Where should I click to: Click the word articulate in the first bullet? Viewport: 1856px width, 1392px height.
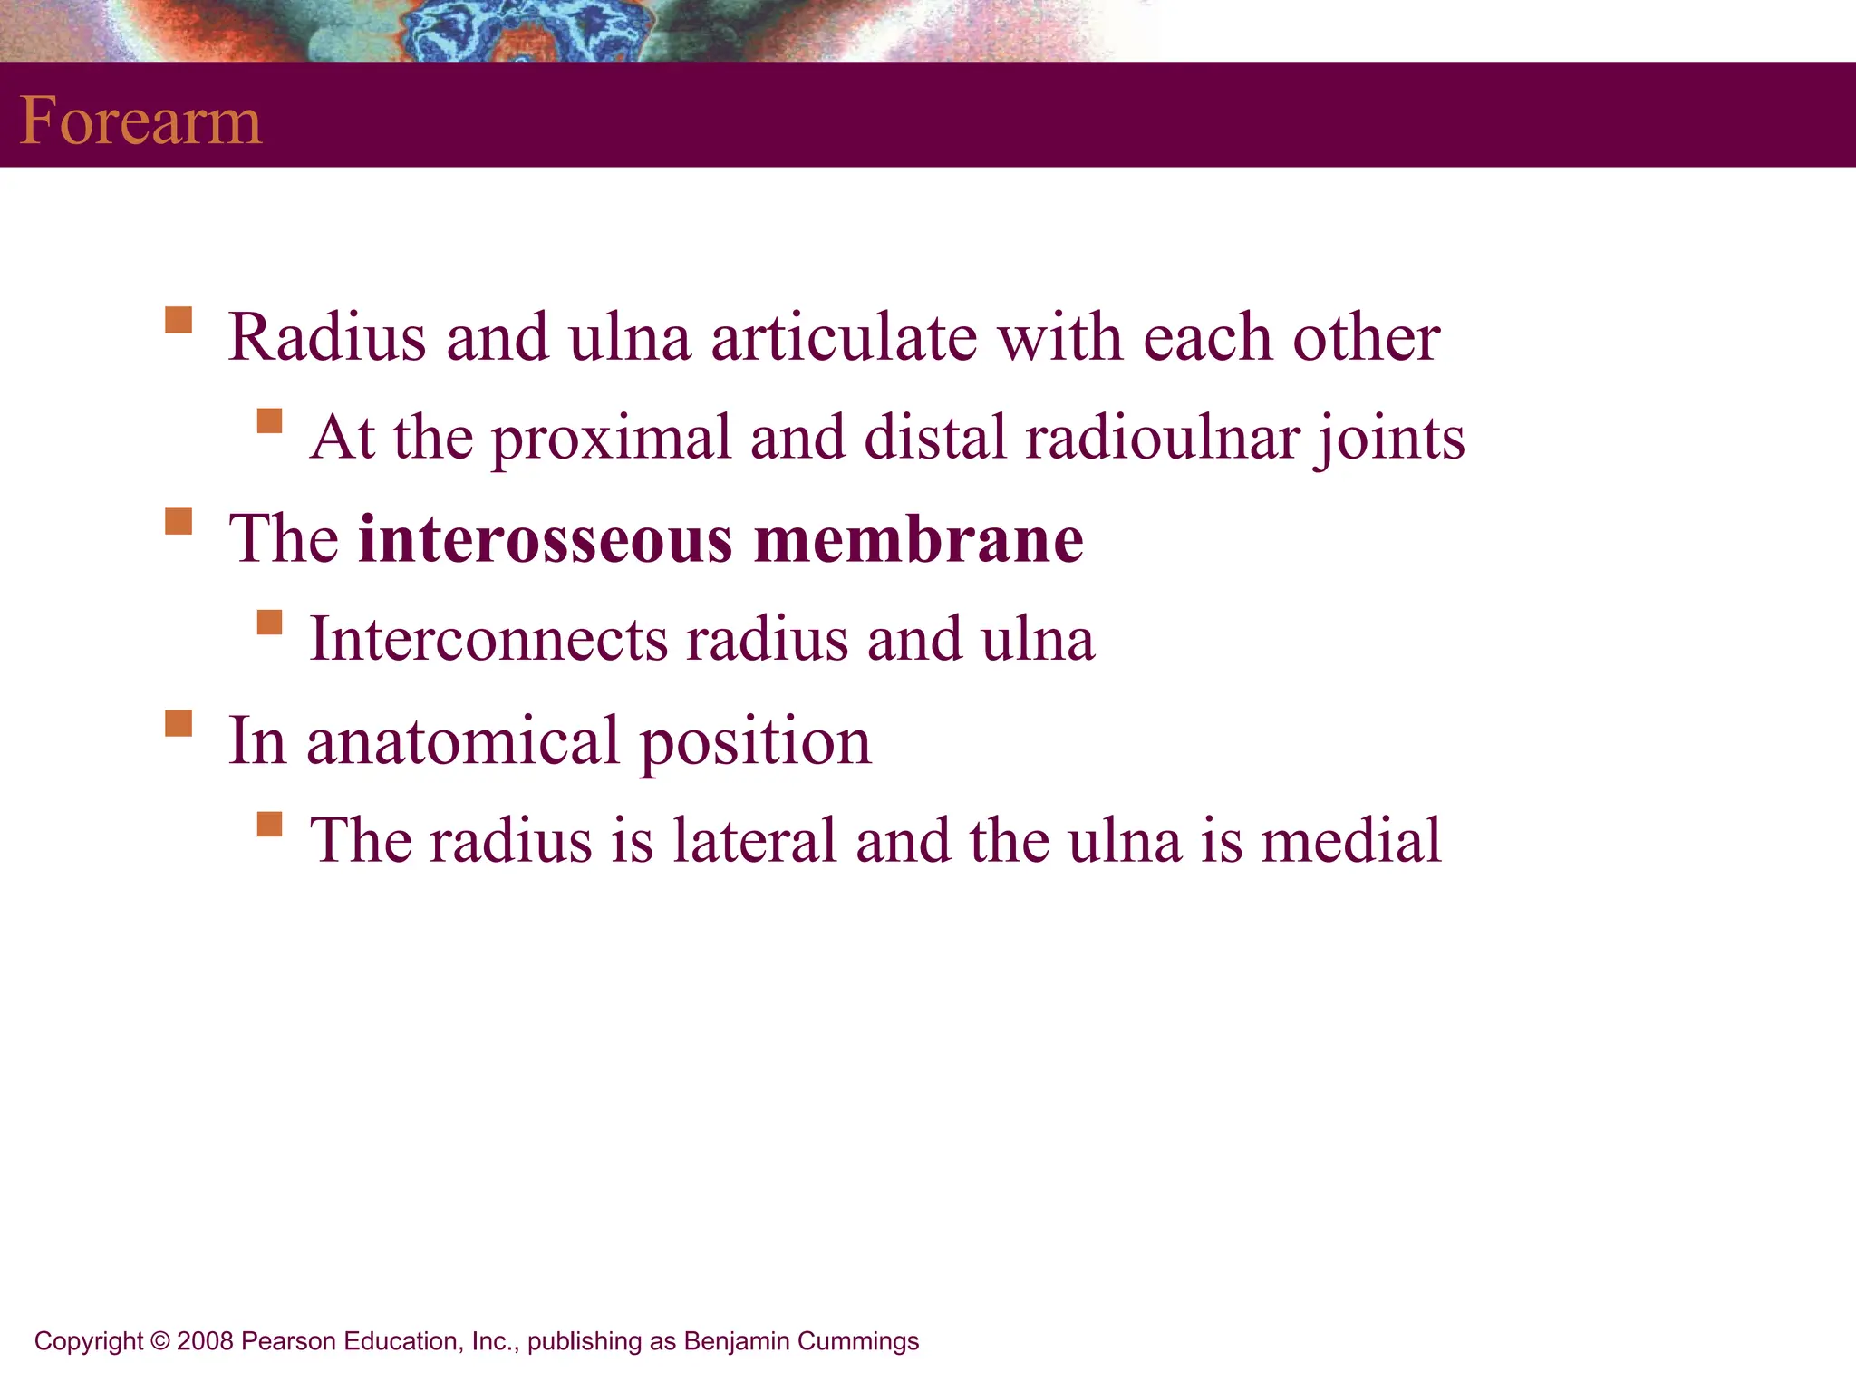click(x=844, y=337)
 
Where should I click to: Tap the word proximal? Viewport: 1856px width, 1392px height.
click(x=610, y=439)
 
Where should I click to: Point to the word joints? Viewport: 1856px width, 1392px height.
click(x=1390, y=439)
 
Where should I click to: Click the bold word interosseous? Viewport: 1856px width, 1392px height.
click(x=545, y=539)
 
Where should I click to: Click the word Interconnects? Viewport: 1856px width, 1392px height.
click(x=488, y=639)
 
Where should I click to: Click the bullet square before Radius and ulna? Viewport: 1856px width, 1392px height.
click(x=179, y=321)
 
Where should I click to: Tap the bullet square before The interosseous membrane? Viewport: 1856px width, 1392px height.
click(x=179, y=522)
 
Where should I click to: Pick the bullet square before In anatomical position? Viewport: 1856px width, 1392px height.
click(x=179, y=723)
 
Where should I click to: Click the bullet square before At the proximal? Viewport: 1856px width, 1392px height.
click(x=269, y=421)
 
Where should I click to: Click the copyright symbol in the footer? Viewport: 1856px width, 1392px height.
click(x=160, y=1341)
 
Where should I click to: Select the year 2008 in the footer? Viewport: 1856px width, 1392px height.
click(x=205, y=1341)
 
